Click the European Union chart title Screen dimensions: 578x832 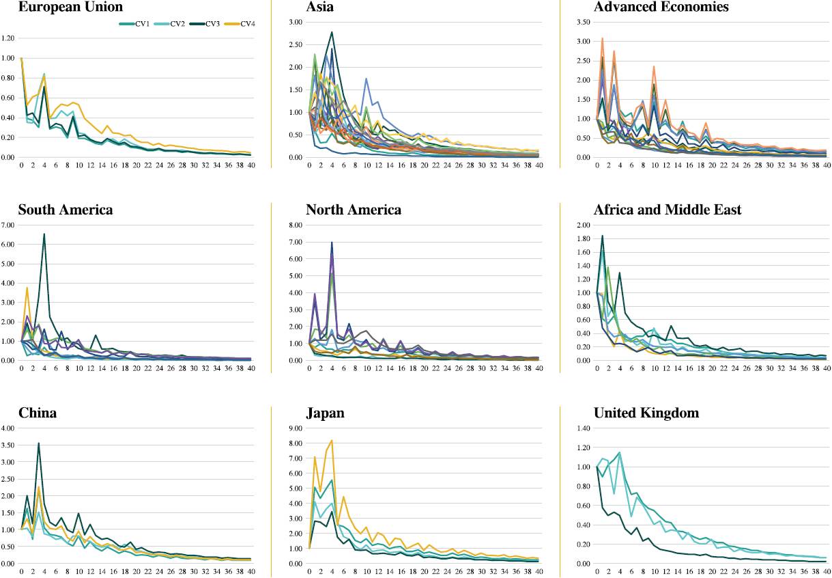tap(71, 8)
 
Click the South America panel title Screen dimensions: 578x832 tap(66, 210)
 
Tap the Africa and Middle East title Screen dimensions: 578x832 tap(668, 210)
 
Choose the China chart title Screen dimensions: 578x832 tap(38, 413)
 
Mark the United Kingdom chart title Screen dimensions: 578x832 tap(646, 413)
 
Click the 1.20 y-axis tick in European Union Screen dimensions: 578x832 tap(8, 39)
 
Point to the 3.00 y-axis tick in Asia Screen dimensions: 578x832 tap(296, 23)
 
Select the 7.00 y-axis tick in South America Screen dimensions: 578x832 tap(8, 225)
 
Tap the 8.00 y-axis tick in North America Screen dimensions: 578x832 tap(296, 225)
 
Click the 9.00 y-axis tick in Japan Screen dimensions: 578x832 tap(296, 429)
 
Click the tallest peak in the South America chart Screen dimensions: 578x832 tap(44, 234)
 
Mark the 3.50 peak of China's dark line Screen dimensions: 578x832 tap(39, 443)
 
